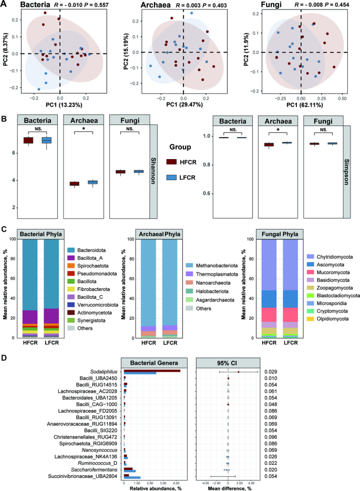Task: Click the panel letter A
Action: click(x=4, y=5)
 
